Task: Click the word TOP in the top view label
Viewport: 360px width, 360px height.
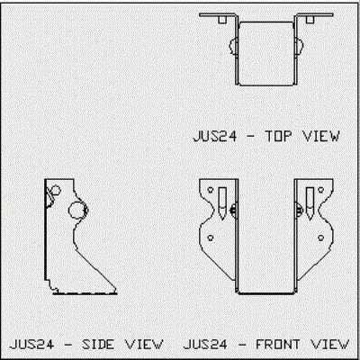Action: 278,137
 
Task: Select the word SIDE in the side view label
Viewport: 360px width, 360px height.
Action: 98,344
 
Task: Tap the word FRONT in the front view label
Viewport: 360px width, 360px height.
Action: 277,344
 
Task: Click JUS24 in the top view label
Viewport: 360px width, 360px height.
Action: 215,137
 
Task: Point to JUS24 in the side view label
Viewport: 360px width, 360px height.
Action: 31,344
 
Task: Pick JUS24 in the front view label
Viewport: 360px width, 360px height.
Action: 205,344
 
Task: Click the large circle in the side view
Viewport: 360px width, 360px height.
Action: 76,210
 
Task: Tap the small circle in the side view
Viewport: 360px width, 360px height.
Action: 56,191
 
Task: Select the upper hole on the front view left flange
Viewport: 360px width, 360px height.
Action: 211,190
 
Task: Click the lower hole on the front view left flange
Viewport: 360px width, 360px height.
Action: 211,238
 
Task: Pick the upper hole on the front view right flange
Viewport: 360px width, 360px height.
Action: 320,190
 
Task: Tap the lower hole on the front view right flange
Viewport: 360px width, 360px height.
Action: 320,238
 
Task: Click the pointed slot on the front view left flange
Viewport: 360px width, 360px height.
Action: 222,203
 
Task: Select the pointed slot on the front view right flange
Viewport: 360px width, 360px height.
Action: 310,203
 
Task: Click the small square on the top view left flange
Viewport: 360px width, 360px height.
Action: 222,20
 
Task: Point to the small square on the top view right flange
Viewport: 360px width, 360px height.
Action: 310,20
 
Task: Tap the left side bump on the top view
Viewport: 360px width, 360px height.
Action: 233,46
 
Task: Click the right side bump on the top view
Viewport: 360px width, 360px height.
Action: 300,46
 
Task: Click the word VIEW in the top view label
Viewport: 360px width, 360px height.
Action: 321,137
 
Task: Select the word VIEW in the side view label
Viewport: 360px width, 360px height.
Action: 144,344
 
